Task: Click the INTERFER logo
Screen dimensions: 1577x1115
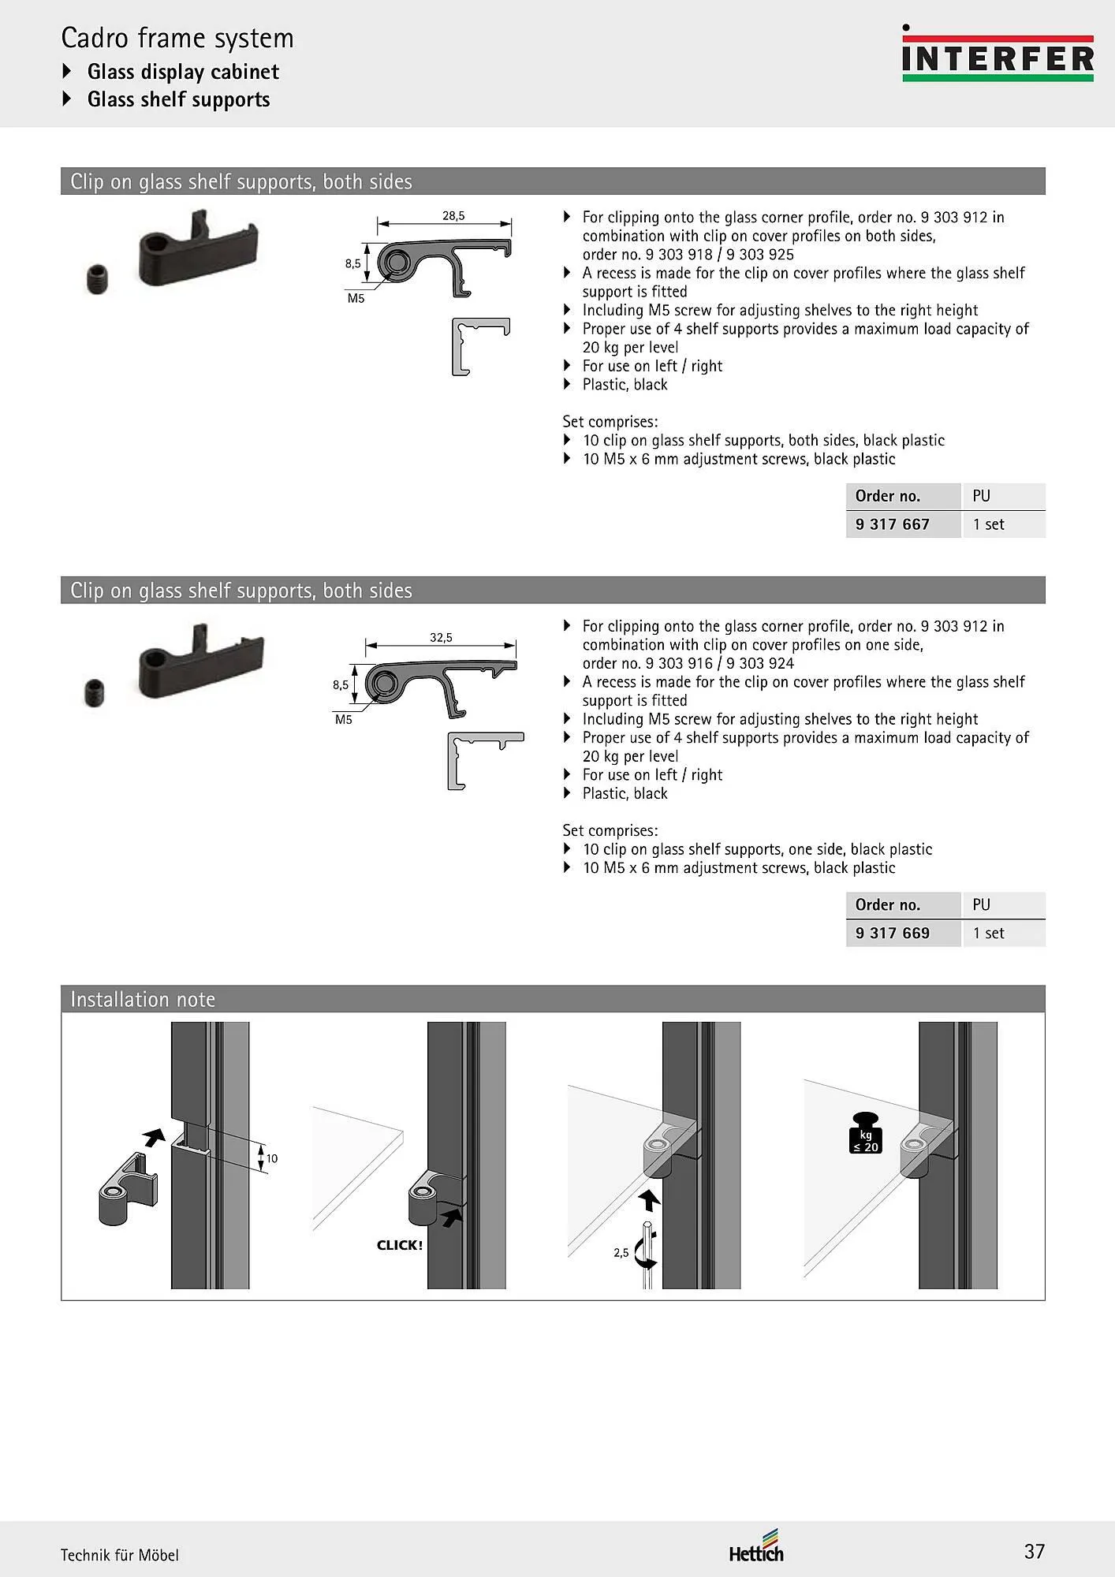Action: (x=998, y=55)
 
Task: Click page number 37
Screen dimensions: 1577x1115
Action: (x=1034, y=1551)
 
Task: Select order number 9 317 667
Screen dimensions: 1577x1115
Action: (x=892, y=524)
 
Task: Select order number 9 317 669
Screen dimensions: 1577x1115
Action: (x=892, y=933)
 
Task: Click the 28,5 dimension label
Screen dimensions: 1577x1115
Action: (x=453, y=215)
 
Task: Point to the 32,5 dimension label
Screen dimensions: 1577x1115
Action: (x=441, y=637)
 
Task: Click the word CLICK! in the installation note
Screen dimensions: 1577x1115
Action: (x=400, y=1245)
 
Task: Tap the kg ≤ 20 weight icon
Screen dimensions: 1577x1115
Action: (x=866, y=1132)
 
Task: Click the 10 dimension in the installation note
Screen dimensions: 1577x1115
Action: (x=272, y=1158)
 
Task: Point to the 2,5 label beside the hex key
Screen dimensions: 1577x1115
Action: (x=621, y=1252)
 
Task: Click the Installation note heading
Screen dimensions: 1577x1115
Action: (x=143, y=999)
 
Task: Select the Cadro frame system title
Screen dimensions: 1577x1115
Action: (x=177, y=38)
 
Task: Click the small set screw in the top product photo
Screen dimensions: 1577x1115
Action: (x=95, y=279)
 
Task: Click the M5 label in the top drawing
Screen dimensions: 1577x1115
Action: (x=356, y=299)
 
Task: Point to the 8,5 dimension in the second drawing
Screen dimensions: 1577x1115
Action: (x=340, y=684)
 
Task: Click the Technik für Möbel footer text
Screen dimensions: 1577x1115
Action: (x=120, y=1555)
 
